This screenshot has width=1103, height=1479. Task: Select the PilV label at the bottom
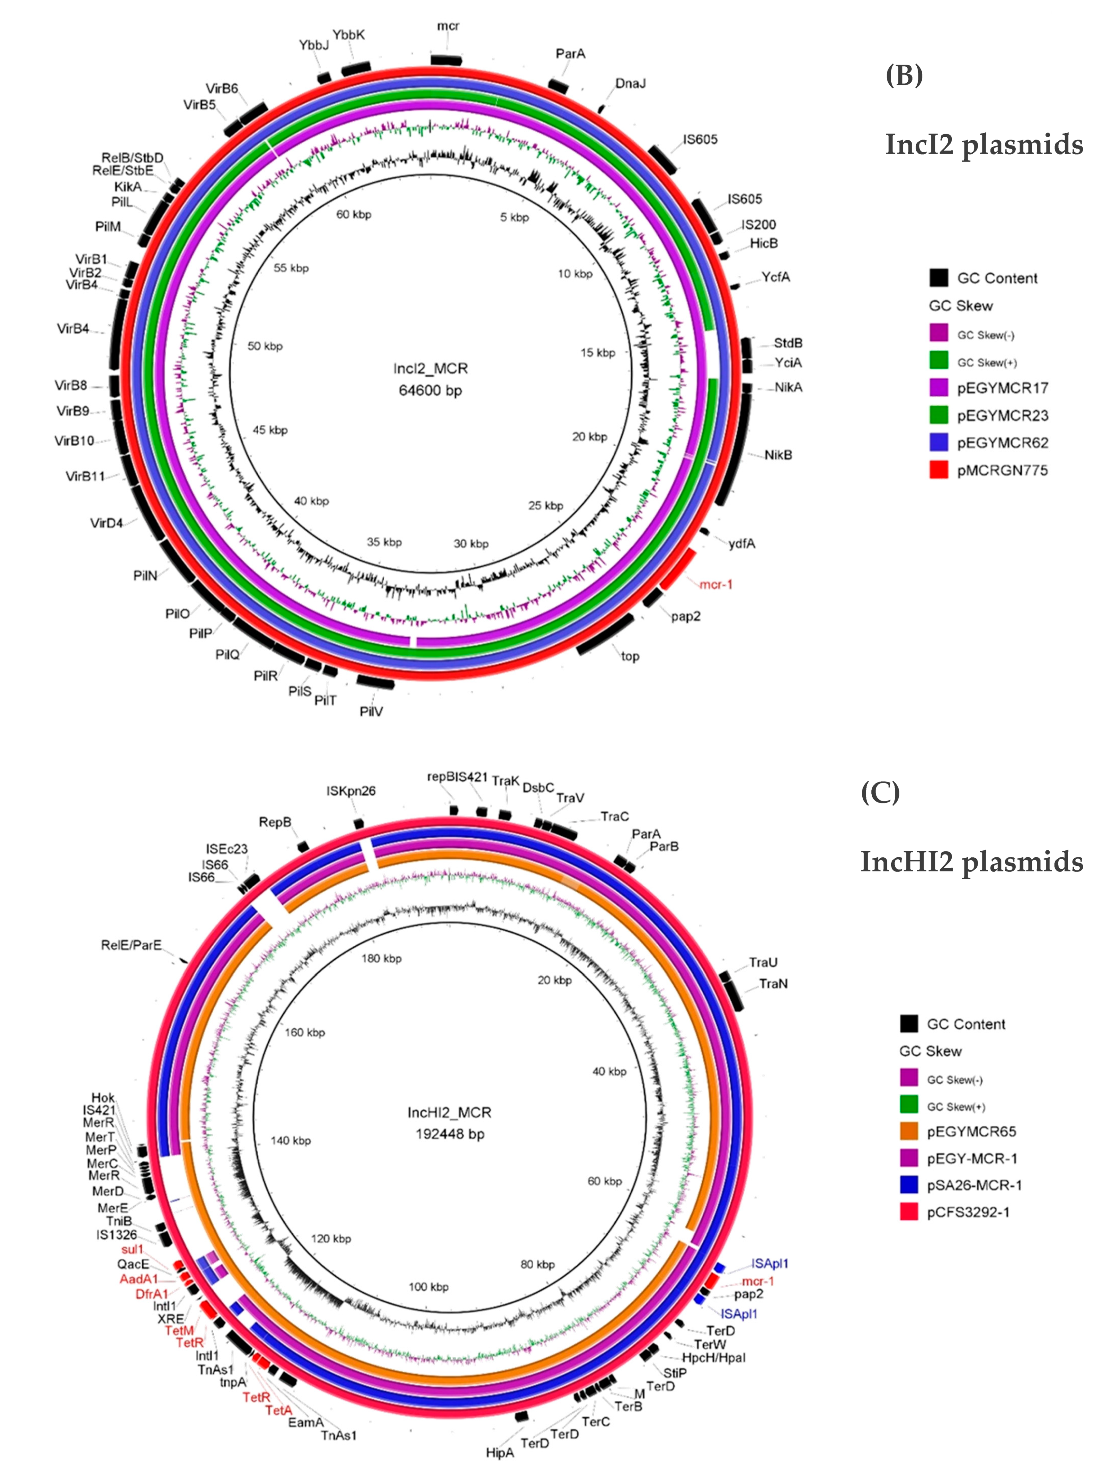pos(371,712)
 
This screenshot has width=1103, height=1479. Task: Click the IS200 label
pos(759,224)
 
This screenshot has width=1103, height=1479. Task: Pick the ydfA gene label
pos(742,544)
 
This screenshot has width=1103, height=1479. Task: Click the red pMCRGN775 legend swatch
pos(939,470)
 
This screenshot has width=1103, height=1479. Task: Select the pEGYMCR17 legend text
pos(1002,388)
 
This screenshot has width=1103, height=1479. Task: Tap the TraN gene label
pos(773,984)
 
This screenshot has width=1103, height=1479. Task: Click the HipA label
pos(500,1452)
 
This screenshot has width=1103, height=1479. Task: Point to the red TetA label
pos(278,1410)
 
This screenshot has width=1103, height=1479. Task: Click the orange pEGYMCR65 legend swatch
pos(909,1131)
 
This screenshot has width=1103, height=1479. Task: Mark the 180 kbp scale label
pos(381,959)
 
